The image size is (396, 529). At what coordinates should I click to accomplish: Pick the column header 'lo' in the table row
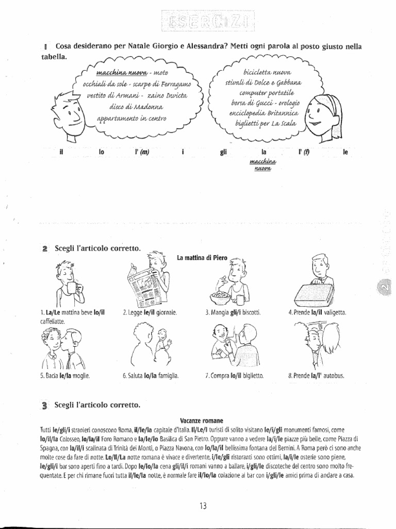[x=101, y=152]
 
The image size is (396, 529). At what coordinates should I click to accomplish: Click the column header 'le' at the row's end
[x=338, y=152]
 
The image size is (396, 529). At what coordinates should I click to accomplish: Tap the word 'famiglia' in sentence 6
[x=168, y=376]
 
